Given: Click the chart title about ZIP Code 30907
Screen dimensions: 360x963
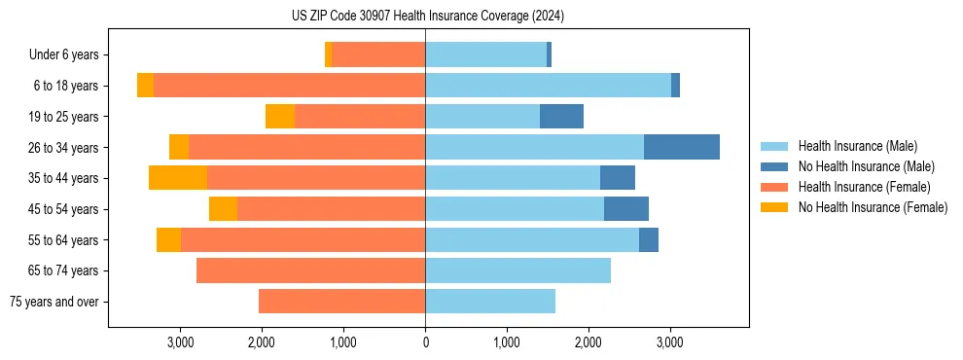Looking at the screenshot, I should [x=427, y=17].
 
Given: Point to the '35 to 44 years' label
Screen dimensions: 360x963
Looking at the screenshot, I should [x=63, y=178].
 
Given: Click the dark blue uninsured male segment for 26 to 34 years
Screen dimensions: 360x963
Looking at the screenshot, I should [x=681, y=147].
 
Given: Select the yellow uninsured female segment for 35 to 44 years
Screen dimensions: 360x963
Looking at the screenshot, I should [x=178, y=178].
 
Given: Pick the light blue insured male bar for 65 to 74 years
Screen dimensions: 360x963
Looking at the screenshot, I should [x=517, y=270].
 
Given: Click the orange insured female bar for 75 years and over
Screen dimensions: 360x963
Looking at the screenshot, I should [x=341, y=302].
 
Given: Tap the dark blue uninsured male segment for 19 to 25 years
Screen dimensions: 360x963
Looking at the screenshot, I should [x=561, y=117].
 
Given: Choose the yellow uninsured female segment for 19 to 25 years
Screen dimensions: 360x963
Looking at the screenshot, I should [x=280, y=117].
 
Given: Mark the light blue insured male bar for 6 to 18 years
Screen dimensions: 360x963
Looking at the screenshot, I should [x=548, y=86].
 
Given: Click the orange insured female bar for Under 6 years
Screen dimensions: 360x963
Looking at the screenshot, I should [x=378, y=55].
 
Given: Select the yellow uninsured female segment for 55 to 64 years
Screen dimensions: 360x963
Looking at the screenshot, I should [x=168, y=239].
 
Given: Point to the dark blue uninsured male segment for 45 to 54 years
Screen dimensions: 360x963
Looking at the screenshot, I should [x=625, y=209].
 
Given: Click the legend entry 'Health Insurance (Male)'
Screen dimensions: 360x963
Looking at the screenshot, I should [x=857, y=146].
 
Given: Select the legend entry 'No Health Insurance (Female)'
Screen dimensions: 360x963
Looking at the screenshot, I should [x=873, y=207].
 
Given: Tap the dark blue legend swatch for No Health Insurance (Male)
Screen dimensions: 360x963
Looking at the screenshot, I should [x=774, y=166].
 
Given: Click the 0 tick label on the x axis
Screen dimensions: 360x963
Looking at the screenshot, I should [x=425, y=342].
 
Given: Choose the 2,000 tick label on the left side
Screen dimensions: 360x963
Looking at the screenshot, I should [x=262, y=342].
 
